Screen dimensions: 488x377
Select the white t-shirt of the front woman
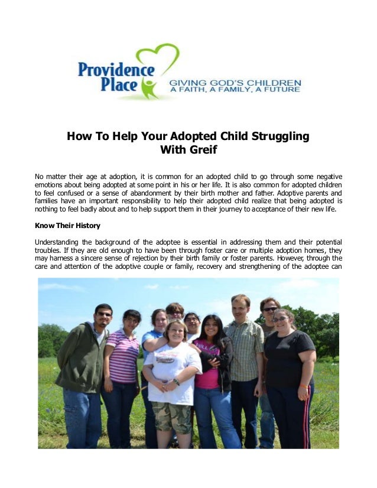tap(172, 366)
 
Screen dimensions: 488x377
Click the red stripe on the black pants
tap(305, 422)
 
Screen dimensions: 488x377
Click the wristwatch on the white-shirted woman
tap(176, 382)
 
